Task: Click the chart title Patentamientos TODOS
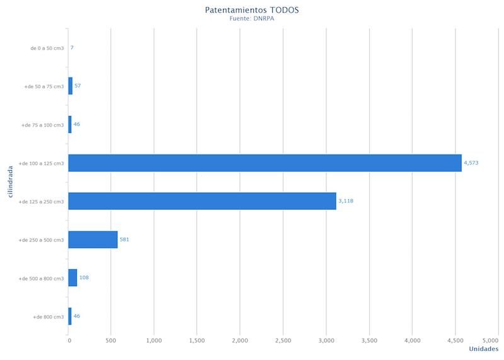click(x=251, y=10)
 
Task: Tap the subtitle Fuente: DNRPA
click(x=251, y=19)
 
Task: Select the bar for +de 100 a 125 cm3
click(x=265, y=163)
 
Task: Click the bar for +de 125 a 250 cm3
click(x=202, y=201)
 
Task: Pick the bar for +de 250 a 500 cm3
click(x=93, y=240)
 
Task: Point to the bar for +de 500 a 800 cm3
click(x=72, y=277)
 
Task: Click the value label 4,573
click(x=471, y=163)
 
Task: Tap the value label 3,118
click(x=346, y=201)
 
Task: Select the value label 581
click(x=124, y=240)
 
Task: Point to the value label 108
click(x=84, y=277)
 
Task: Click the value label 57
click(x=77, y=85)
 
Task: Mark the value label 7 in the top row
click(x=72, y=47)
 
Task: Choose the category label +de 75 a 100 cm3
click(x=42, y=125)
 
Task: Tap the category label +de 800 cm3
click(x=48, y=316)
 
